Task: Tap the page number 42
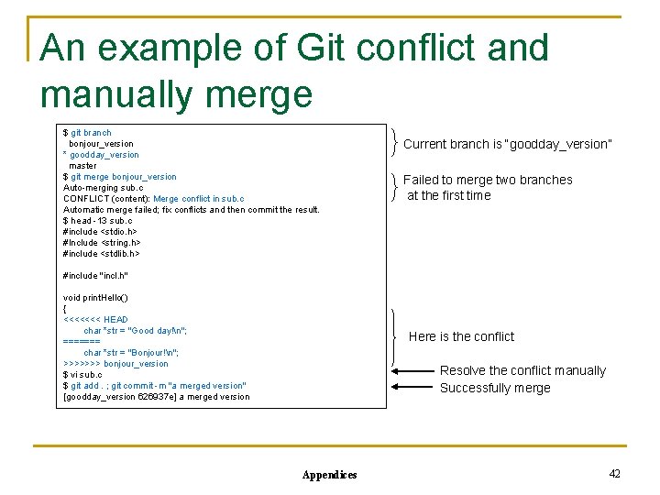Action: tap(614, 473)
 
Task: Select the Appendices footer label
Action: tap(329, 475)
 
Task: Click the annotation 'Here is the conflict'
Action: tap(461, 336)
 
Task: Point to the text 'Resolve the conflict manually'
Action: tap(522, 370)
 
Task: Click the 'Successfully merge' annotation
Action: tap(495, 388)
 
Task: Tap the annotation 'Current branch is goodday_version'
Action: tap(507, 144)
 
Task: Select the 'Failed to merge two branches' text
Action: tap(488, 180)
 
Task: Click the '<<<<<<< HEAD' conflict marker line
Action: tap(95, 320)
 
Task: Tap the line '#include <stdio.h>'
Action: tap(101, 232)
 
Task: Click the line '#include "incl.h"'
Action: tap(95, 276)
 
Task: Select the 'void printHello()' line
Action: tap(95, 298)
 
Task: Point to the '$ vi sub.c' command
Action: tap(82, 375)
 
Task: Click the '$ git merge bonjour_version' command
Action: tap(119, 177)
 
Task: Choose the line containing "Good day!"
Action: tap(135, 331)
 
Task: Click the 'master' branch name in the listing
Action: tap(82, 166)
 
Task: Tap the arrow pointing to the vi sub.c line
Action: tap(412, 371)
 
